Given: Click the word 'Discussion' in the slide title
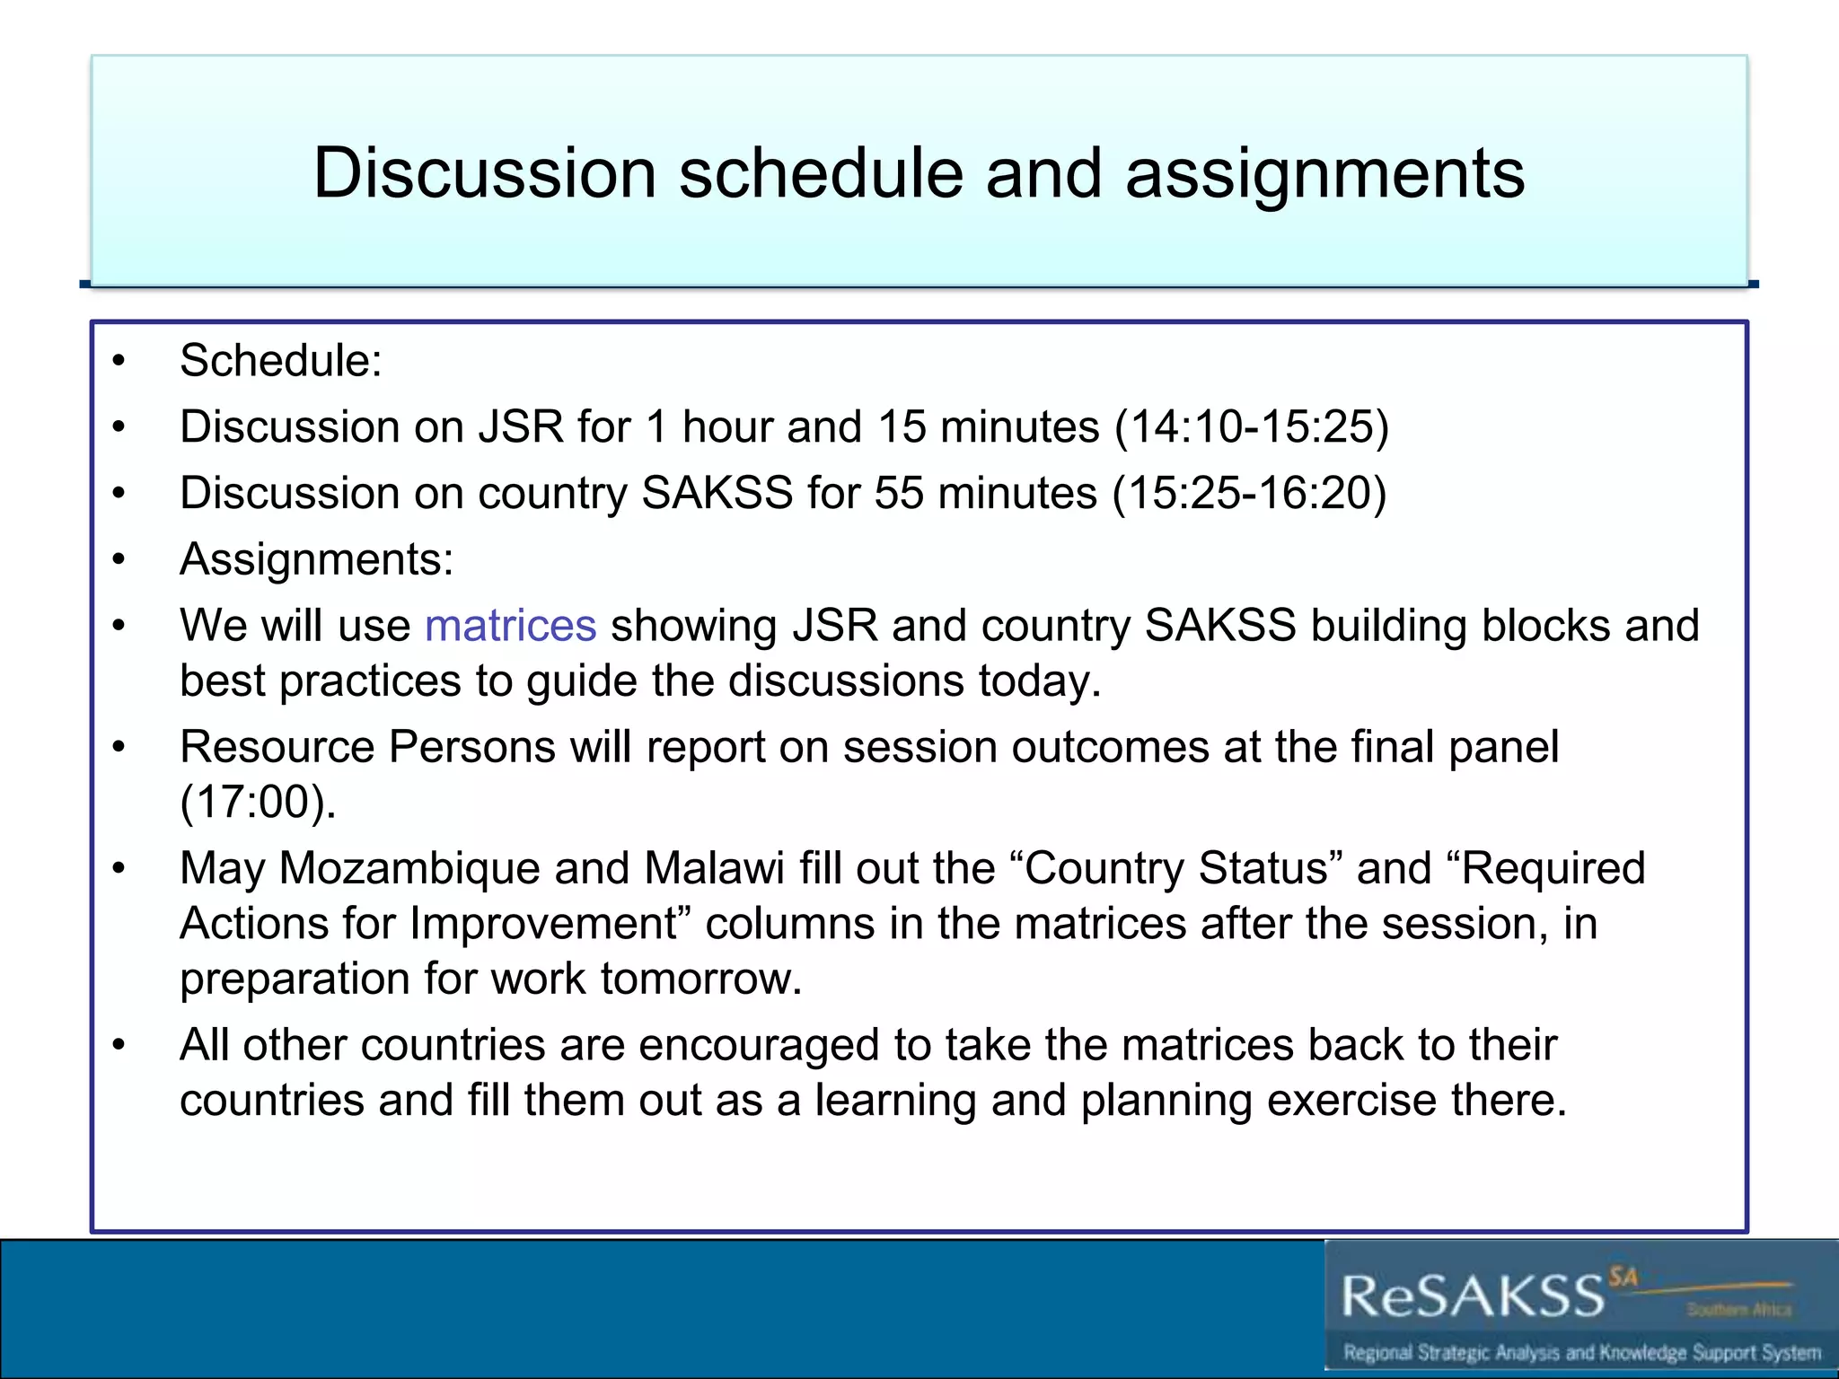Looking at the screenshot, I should click(x=485, y=173).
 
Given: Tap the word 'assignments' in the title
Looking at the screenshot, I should click(x=1324, y=173).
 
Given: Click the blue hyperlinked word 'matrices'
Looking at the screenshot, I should click(x=510, y=626).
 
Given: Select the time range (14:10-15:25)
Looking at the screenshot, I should click(x=1252, y=426).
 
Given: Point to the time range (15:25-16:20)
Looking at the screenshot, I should click(x=1250, y=493).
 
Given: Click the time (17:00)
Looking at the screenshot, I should click(x=258, y=802).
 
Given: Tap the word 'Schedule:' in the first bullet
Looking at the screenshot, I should click(x=281, y=361).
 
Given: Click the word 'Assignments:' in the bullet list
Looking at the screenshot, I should click(x=317, y=559).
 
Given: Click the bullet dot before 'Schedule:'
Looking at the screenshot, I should click(x=119, y=362).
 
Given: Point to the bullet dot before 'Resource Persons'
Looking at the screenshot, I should click(x=119, y=748).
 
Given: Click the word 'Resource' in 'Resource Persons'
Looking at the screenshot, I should click(x=277, y=747).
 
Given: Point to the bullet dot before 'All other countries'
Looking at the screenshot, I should click(x=119, y=1046).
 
